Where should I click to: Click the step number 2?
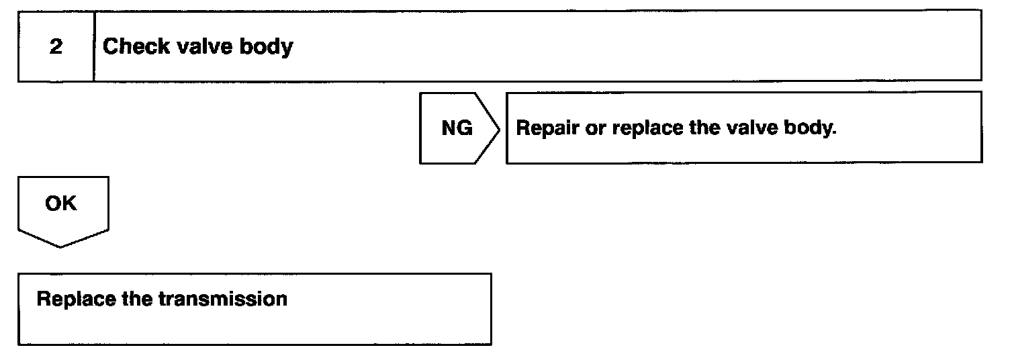[56, 48]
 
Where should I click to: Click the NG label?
[457, 128]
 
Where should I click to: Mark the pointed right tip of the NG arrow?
[499, 128]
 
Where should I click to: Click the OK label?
[61, 204]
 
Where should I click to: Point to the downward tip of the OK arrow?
[61, 246]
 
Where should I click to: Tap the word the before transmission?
[138, 299]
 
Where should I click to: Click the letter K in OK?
[69, 204]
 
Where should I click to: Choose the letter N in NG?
[449, 128]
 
